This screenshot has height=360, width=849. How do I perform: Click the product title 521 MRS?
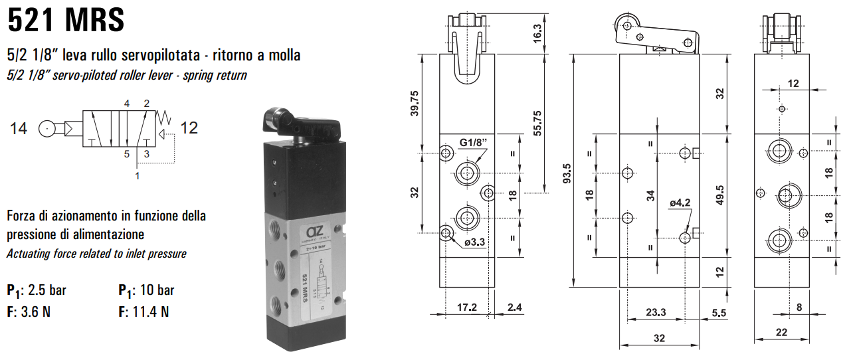pos(66,20)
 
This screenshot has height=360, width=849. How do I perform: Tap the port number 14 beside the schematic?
pos(19,128)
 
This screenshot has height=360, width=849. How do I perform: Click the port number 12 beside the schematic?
pos(189,128)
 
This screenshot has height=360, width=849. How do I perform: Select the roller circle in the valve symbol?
pos(48,128)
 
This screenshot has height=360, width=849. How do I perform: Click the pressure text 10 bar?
pos(157,290)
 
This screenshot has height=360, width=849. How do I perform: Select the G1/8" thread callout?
pos(478,143)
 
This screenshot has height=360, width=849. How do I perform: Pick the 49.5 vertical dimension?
pos(719,196)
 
